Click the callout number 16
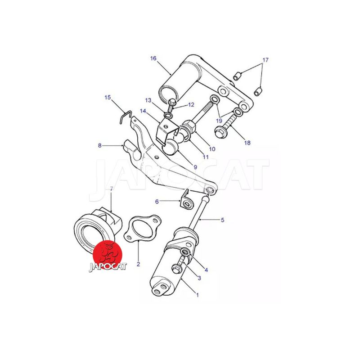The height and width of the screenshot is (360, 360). pos(153,58)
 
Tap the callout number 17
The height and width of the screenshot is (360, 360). pos(265,60)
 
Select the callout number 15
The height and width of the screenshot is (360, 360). pos(108,97)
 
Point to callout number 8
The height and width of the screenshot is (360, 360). pos(99,145)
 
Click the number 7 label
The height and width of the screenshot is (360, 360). pos(112,189)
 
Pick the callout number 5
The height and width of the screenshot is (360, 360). pos(222,220)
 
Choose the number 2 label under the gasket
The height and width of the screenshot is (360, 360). pos(138,264)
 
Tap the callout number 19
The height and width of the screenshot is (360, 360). pos(219,121)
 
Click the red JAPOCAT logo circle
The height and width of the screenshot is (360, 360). pos(108,255)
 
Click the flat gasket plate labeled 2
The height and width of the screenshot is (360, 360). pos(142,229)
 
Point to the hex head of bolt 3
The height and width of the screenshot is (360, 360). pos(176,269)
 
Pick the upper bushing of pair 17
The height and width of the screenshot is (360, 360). pos(238,76)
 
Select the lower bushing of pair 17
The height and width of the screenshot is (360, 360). pos(258,91)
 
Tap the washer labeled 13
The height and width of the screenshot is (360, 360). pos(168,115)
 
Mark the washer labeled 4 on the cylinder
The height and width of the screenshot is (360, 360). pos(185,252)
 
